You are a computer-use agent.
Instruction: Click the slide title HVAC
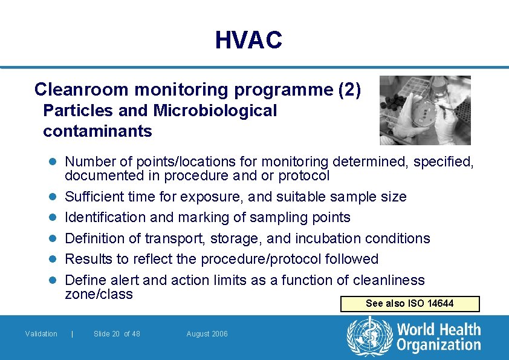tap(248, 41)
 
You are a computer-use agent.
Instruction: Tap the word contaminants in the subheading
tap(97, 131)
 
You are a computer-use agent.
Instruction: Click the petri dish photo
tap(425, 110)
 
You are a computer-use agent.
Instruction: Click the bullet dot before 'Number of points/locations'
tap(53, 162)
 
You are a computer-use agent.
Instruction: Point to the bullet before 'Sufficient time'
tap(53, 197)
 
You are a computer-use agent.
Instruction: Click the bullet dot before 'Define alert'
tap(53, 280)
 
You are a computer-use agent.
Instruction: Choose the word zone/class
tap(99, 294)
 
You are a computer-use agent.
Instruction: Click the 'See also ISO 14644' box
tap(410, 304)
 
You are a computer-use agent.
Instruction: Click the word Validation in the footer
tap(41, 334)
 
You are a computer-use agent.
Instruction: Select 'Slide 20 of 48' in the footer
tap(117, 334)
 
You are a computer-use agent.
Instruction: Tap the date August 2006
tap(207, 334)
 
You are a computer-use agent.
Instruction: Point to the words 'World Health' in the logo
tap(438, 330)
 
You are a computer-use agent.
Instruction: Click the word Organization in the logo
tap(438, 345)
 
